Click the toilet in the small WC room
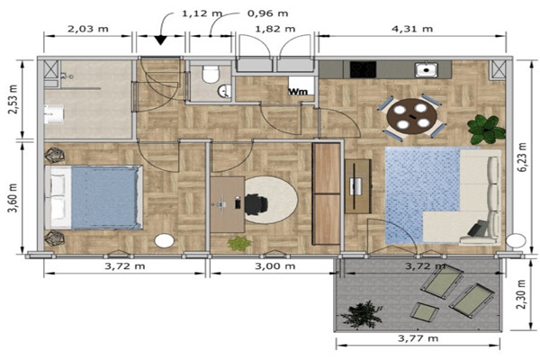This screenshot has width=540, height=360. [x=211, y=74]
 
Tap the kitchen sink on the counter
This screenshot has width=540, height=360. [x=427, y=69]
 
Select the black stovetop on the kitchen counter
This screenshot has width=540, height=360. [x=363, y=69]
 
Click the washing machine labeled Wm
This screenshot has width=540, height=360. [x=301, y=85]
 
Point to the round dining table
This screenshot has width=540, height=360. [x=411, y=116]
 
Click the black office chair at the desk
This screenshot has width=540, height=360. [x=256, y=202]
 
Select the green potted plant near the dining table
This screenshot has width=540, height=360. [x=486, y=130]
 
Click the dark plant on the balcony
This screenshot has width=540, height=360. [x=361, y=314]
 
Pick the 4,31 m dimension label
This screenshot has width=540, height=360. [x=412, y=29]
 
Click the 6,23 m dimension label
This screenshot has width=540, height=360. [x=522, y=157]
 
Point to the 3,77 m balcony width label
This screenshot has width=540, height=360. [x=418, y=338]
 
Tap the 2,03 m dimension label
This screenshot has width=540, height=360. [x=88, y=29]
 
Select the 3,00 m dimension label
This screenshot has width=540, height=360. [x=274, y=266]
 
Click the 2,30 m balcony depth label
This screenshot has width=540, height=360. [x=522, y=294]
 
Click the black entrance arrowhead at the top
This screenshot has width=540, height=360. [x=160, y=40]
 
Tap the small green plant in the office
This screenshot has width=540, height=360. [x=239, y=243]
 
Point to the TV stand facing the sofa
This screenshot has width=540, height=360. [x=358, y=186]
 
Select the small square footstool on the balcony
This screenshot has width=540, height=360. [x=424, y=312]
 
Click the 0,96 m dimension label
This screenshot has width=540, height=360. [x=267, y=13]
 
